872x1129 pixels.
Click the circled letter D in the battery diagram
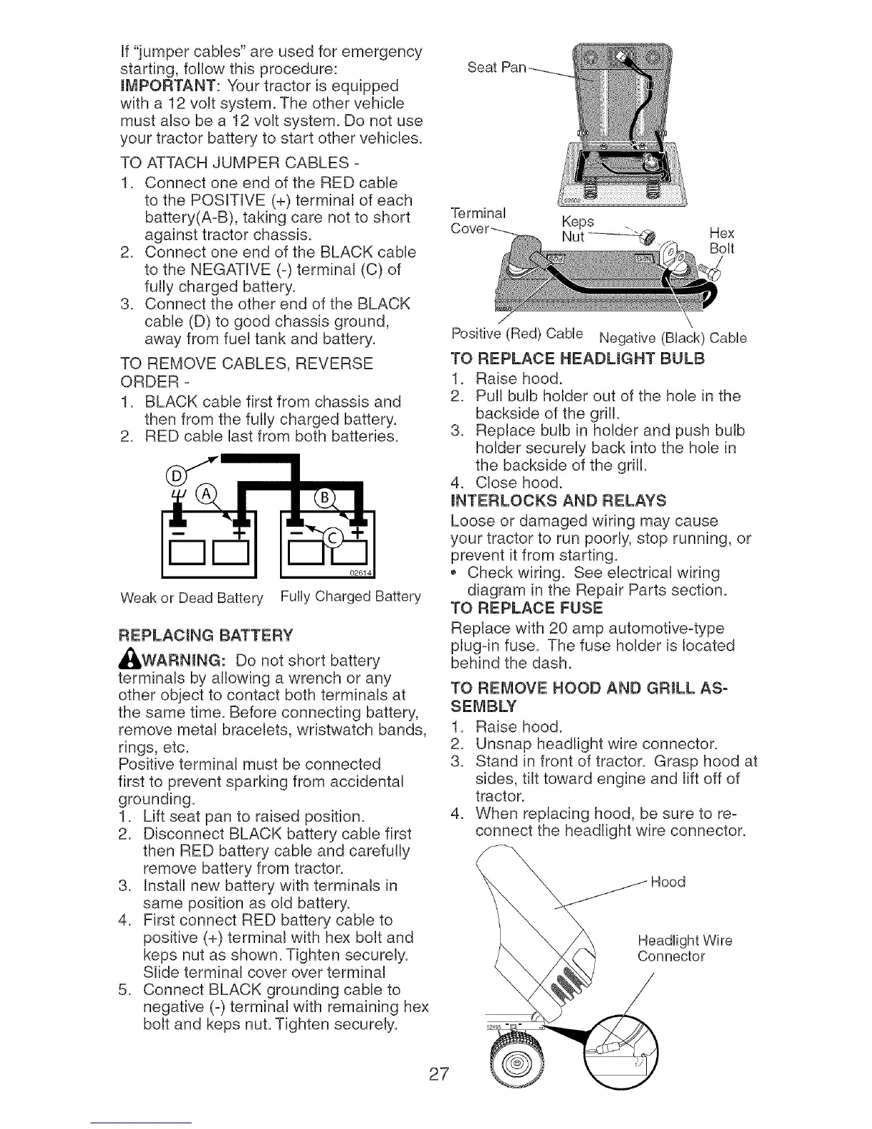[174, 476]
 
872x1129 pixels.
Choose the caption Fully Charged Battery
[351, 595]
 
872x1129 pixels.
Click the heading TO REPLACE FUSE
[527, 608]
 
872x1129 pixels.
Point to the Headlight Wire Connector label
[683, 948]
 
